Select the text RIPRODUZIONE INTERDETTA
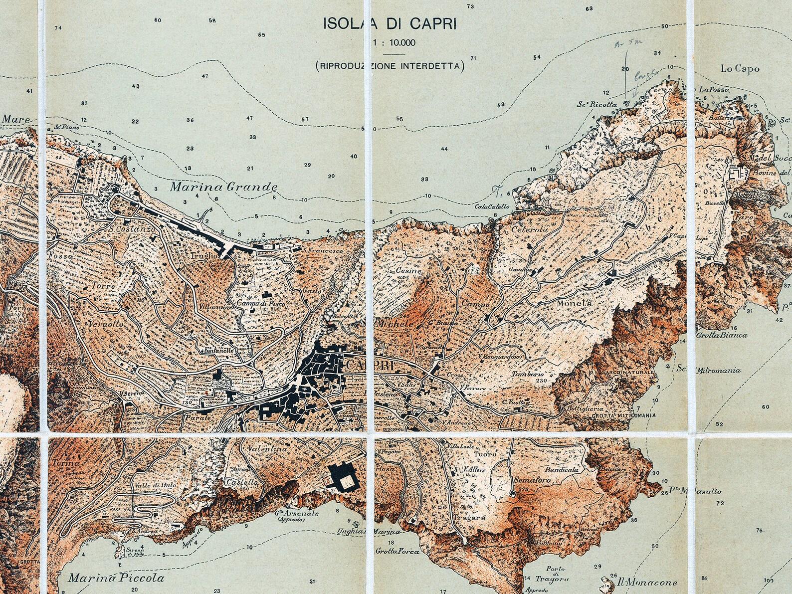390,65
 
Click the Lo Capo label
740,69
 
